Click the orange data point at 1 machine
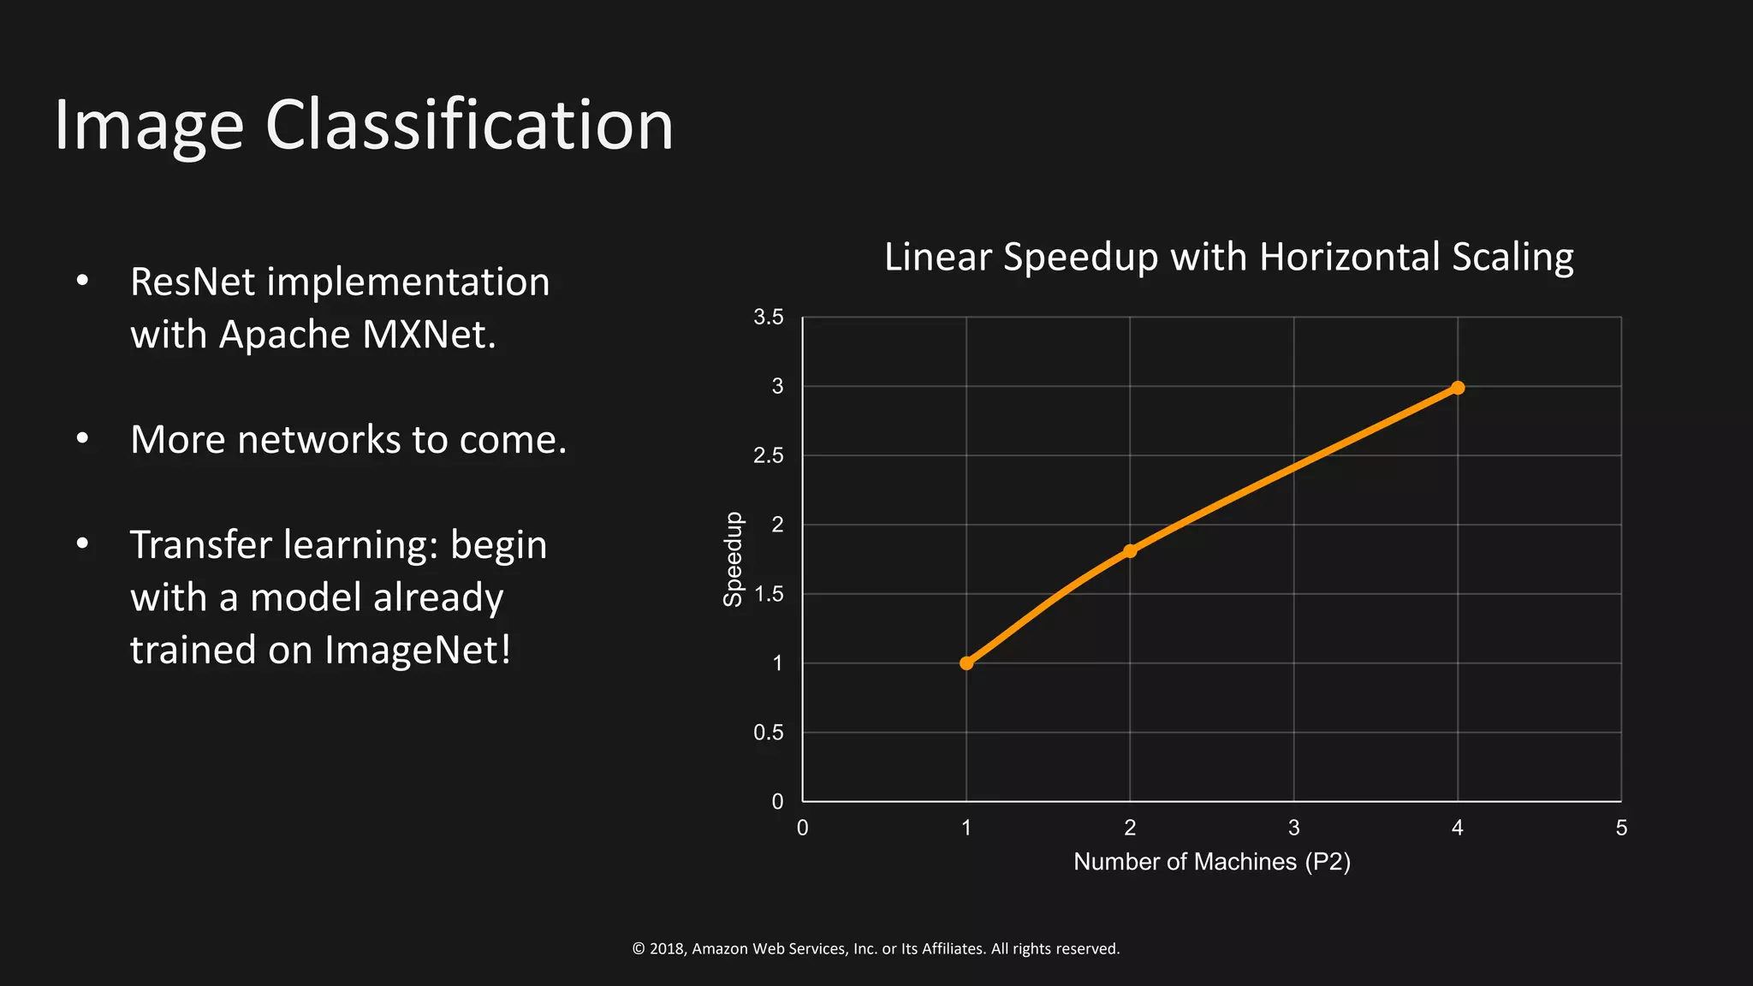[966, 663]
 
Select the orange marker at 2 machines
[1130, 551]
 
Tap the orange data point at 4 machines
[1458, 388]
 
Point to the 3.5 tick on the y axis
[768, 318]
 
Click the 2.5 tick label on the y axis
[768, 455]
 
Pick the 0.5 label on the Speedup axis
[768, 733]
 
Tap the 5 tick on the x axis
[1621, 828]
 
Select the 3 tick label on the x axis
[1293, 828]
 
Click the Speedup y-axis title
[734, 559]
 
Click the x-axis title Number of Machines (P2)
[1211, 862]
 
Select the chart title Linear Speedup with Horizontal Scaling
[1228, 257]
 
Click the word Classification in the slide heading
[470, 125]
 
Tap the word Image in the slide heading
[149, 127]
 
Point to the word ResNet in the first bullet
[192, 282]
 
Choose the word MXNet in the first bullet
[429, 335]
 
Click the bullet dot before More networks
[82, 439]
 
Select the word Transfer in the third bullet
[199, 545]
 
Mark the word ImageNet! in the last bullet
[418, 650]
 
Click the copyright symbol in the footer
[639, 949]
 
